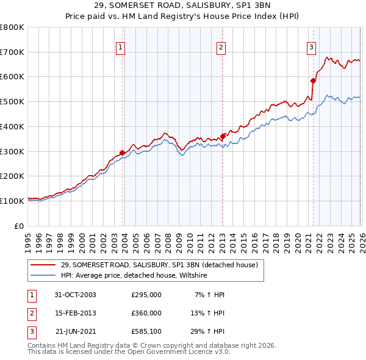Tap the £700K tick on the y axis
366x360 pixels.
pyautogui.click(x=12, y=52)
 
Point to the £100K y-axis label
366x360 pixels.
pyautogui.click(x=12, y=201)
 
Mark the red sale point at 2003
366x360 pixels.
pyautogui.click(x=123, y=153)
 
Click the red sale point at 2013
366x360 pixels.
pyautogui.click(x=223, y=136)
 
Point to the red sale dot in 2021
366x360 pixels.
pyautogui.click(x=313, y=81)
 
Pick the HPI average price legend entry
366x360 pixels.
pyautogui.click(x=134, y=276)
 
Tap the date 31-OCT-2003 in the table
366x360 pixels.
pyautogui.click(x=75, y=295)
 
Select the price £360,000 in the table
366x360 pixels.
pyautogui.click(x=146, y=313)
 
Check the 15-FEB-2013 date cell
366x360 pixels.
pyautogui.click(x=75, y=313)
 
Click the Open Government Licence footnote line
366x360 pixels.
pyautogui.click(x=129, y=352)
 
